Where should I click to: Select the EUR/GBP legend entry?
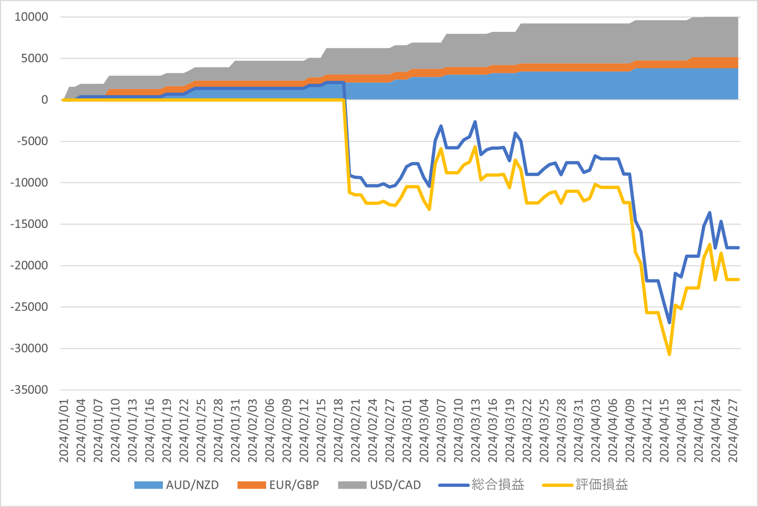(x=278, y=485)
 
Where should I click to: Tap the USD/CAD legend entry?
(x=380, y=485)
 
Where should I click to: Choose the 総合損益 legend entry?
(x=481, y=485)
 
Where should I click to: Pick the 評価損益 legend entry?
(x=585, y=485)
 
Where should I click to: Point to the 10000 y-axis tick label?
(x=31, y=17)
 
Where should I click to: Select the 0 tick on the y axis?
(x=44, y=100)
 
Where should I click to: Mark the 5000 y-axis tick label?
(x=34, y=58)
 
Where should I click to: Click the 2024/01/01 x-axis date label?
(x=63, y=431)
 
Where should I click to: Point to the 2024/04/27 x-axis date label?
(x=733, y=431)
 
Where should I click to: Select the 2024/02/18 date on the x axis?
(x=339, y=431)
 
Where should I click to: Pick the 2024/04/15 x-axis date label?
(x=664, y=431)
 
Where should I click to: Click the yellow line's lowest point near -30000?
(x=670, y=354)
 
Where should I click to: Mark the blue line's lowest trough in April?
(x=670, y=323)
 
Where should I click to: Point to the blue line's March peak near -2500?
(x=475, y=121)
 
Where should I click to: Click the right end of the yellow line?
(x=738, y=279)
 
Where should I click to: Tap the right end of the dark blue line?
(x=738, y=248)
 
